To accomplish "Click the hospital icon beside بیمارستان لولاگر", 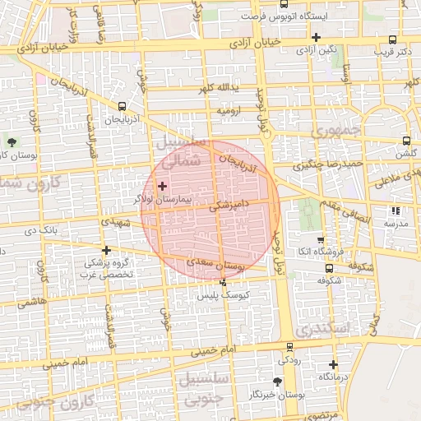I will [x=162, y=187].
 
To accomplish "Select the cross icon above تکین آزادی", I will [x=316, y=37].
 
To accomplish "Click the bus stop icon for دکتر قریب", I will [x=394, y=39].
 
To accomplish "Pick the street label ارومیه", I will [x=228, y=109].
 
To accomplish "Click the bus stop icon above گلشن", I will [x=406, y=141].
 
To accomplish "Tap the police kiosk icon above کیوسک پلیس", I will [x=223, y=282].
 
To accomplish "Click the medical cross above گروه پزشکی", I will [x=105, y=250].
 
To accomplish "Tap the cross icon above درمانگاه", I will [x=332, y=364].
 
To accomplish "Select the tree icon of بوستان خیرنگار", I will [x=276, y=382].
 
